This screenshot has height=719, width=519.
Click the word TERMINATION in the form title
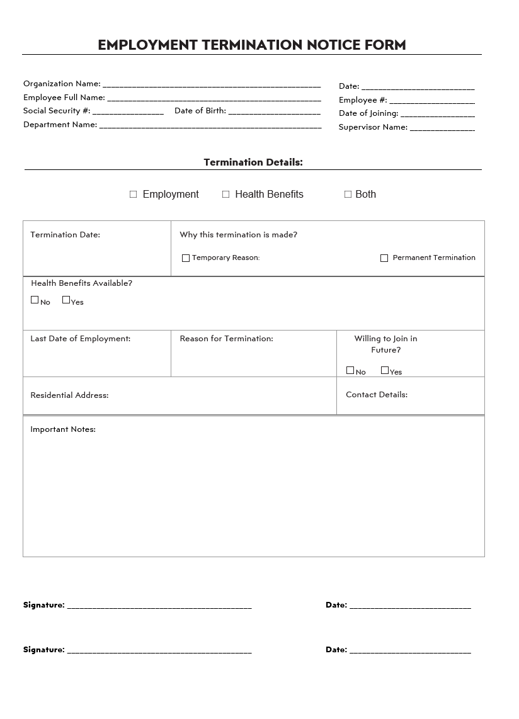click(x=251, y=45)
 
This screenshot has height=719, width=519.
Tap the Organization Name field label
click(x=62, y=84)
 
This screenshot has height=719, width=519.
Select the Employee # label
click(x=363, y=100)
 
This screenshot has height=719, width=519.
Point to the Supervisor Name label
click(x=373, y=127)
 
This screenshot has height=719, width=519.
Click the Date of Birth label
click(x=200, y=111)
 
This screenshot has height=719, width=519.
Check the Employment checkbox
click(x=134, y=195)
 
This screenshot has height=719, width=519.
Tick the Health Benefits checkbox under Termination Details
click(x=226, y=195)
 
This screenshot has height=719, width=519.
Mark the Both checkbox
click(x=348, y=195)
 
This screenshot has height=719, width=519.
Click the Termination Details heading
click(x=253, y=162)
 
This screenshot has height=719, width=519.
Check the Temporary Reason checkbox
click(x=186, y=258)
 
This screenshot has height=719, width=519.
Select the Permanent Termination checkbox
click(x=384, y=258)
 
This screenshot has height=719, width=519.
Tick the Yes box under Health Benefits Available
click(x=66, y=300)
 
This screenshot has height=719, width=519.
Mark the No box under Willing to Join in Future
click(x=350, y=371)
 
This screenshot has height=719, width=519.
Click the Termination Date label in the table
click(x=65, y=235)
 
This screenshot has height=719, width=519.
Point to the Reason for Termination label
click(x=226, y=339)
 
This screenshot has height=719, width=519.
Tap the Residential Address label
click(x=69, y=395)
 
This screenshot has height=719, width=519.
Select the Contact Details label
click(x=377, y=395)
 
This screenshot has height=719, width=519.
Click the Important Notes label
click(x=63, y=429)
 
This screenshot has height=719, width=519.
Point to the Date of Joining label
click(x=368, y=113)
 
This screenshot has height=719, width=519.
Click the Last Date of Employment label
click(x=80, y=339)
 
